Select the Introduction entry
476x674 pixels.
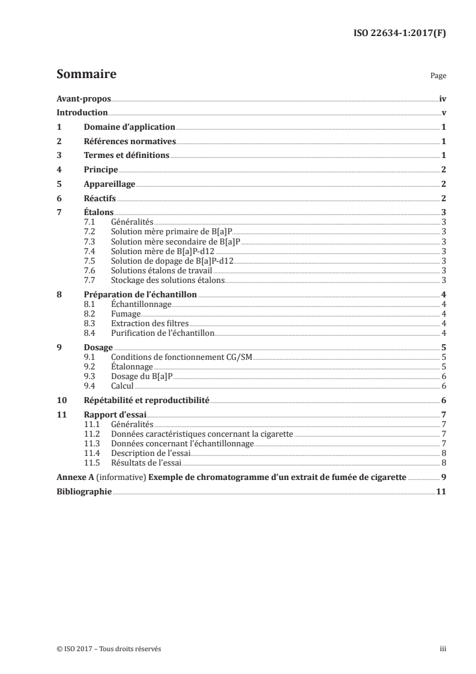coord(82,113)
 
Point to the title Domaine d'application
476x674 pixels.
coord(130,127)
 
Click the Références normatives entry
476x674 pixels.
coord(130,141)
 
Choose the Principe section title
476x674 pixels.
coord(101,169)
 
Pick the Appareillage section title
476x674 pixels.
coord(109,184)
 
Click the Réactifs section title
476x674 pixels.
coord(100,198)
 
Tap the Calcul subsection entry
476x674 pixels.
coord(122,386)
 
